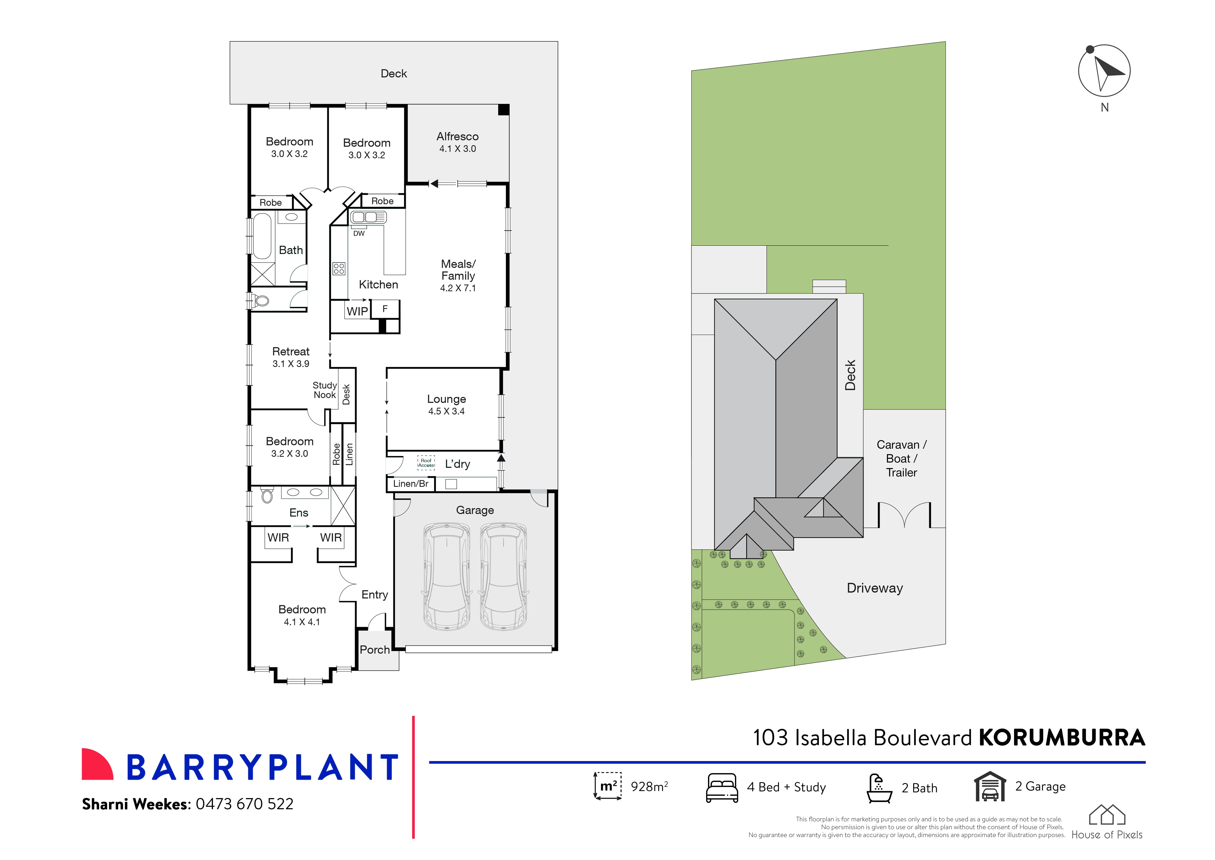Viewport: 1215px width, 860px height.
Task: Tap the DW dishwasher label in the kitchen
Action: click(x=359, y=234)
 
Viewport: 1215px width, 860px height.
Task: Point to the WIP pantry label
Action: click(x=357, y=311)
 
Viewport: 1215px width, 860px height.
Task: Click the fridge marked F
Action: click(x=385, y=309)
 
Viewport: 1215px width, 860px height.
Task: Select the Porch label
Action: click(x=375, y=650)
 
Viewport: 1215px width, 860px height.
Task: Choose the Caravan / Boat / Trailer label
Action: click(x=902, y=459)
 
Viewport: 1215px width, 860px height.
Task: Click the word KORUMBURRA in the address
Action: click(x=1062, y=738)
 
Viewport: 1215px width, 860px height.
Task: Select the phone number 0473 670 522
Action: click(x=245, y=804)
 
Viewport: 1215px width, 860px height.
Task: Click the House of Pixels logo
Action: click(x=1107, y=822)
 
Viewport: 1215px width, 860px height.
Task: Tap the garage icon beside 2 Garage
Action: click(x=990, y=787)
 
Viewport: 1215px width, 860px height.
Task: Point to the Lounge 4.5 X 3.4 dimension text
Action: click(x=447, y=411)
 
